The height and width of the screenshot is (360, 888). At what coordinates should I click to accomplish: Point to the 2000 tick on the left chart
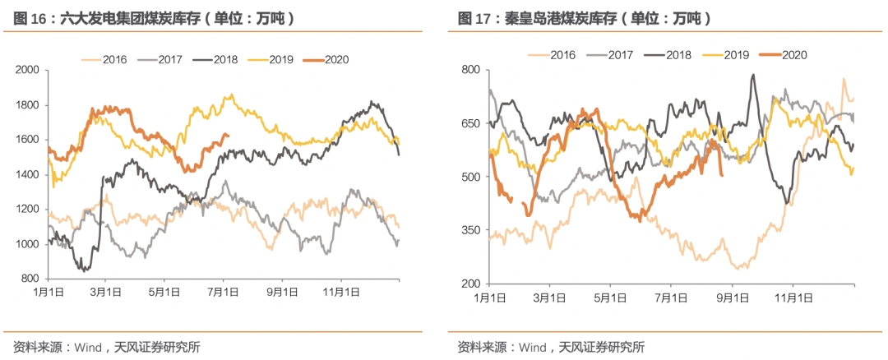click(x=27, y=71)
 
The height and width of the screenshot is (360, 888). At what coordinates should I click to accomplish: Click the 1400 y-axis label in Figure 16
click(x=27, y=175)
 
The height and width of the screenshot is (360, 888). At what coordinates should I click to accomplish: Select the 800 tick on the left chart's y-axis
click(x=30, y=279)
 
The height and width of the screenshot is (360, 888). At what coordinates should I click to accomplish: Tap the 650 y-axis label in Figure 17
click(x=469, y=123)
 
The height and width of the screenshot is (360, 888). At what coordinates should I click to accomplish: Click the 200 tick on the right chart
click(x=469, y=284)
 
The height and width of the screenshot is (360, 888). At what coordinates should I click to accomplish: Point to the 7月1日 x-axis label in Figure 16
click(x=223, y=293)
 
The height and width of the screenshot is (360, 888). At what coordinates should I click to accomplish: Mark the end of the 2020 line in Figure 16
click(x=229, y=136)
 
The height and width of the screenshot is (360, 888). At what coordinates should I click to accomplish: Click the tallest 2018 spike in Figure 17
click(x=753, y=76)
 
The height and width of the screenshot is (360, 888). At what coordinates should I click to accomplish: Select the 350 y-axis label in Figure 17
click(x=469, y=230)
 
